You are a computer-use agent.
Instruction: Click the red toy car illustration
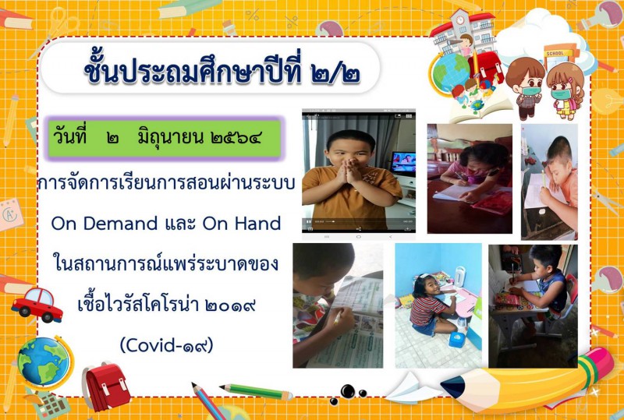click(x=37, y=305)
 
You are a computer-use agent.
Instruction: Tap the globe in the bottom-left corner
click(x=43, y=363)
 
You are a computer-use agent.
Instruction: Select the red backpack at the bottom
click(x=106, y=386)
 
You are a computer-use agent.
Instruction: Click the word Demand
click(x=120, y=224)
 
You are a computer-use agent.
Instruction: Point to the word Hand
click(x=257, y=224)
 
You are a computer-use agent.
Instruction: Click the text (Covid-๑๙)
click(x=166, y=345)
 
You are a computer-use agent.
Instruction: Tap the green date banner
click(x=164, y=138)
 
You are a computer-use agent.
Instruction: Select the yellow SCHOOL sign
click(x=555, y=53)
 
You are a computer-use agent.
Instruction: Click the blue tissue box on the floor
click(x=457, y=340)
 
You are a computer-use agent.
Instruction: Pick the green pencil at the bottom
click(x=256, y=392)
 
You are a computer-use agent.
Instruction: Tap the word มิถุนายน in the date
click(x=169, y=138)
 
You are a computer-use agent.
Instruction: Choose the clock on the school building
click(x=460, y=20)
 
